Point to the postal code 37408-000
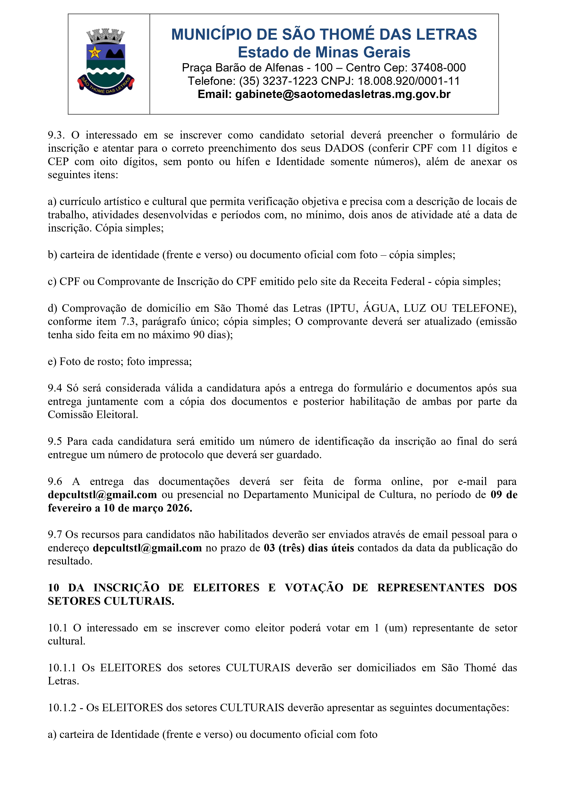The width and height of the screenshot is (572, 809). (438, 68)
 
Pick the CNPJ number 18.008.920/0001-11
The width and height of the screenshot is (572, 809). (409, 81)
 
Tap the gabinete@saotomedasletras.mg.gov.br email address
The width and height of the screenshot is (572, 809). (343, 94)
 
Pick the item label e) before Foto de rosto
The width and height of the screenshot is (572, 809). (52, 362)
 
